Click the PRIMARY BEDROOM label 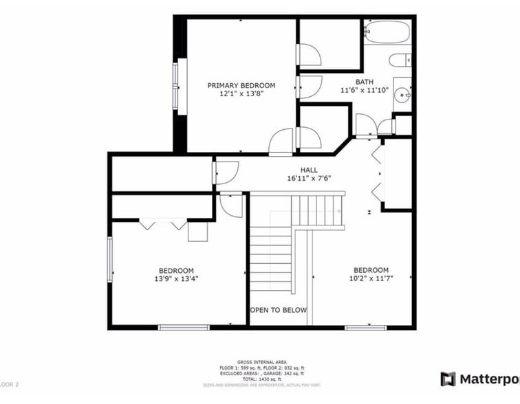241,85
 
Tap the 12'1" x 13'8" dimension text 241,93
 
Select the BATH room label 365,82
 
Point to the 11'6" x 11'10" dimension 365,90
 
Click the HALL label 309,170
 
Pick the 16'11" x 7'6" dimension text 309,178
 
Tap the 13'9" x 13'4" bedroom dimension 176,279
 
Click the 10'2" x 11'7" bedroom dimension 371,278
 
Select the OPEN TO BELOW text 278,311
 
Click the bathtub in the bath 387,32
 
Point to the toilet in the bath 400,60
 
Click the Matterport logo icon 448,379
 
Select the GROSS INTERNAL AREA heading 261,361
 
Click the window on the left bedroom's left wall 109,258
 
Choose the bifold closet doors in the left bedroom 163,224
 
